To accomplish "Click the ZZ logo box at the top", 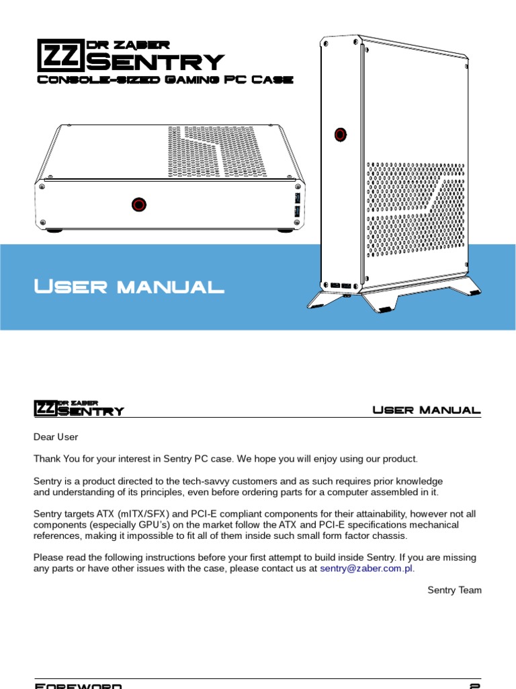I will click(59, 55).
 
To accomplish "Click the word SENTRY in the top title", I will click(155, 63).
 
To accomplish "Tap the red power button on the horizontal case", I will click(139, 203).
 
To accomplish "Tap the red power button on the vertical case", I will click(341, 134).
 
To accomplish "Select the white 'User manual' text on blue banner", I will click(128, 287).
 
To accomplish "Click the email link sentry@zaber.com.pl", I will click(367, 568).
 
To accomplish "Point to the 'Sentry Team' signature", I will click(454, 590).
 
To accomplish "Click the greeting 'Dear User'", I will click(56, 437).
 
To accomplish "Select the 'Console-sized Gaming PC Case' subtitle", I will click(164, 79).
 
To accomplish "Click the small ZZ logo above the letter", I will click(45, 408).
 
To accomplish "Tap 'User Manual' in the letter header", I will click(427, 410).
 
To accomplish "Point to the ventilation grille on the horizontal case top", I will click(216, 152).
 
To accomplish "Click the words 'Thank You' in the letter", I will click(56, 459).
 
